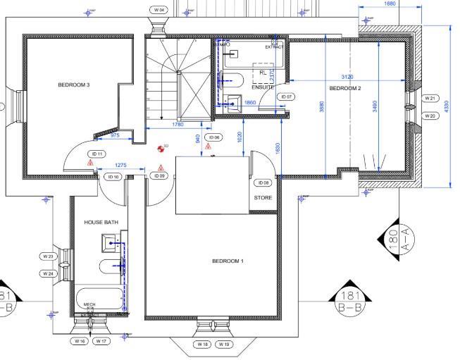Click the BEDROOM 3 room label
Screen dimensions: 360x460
73,85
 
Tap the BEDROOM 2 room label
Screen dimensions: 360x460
345,88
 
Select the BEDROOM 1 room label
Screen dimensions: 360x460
228,261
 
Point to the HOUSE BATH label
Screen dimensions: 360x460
101,223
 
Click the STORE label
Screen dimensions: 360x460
263,198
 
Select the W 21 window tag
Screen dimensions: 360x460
431,99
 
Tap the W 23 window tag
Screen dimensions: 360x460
48,256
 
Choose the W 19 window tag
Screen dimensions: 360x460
224,345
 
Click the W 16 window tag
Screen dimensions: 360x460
80,341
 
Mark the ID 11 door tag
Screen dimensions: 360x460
97,154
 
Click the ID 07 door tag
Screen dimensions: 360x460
286,96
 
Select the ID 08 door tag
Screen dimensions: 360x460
266,182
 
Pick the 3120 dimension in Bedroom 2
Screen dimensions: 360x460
347,75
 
